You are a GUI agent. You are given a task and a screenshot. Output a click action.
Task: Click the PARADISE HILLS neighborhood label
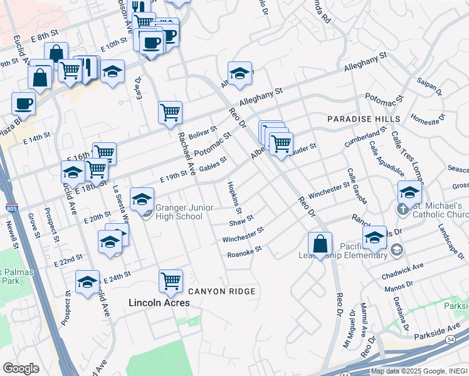click(x=364, y=119)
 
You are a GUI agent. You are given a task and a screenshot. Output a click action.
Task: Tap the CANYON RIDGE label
click(x=222, y=291)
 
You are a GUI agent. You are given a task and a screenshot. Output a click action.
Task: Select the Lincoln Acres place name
click(x=159, y=303)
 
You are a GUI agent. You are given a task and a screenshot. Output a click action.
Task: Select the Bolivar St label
click(x=202, y=133)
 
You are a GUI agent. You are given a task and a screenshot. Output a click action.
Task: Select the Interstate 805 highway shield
click(x=16, y=208)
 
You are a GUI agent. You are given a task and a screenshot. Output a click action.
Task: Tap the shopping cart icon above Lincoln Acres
click(x=171, y=281)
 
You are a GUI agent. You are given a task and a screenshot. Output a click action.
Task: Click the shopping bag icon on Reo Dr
click(x=320, y=244)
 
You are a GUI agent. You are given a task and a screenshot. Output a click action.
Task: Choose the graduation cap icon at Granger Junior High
click(x=142, y=199)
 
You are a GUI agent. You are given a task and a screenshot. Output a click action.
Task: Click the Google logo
click(x=21, y=368)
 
